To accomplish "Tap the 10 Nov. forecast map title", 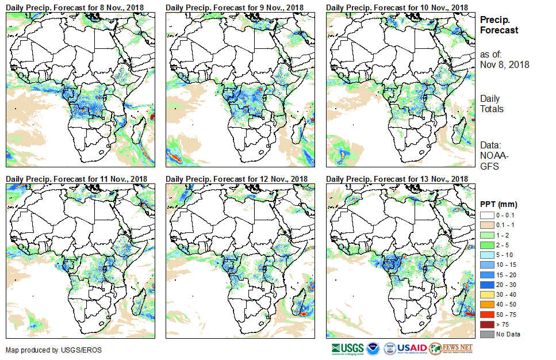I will click(x=397, y=7).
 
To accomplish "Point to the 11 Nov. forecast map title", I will click(x=76, y=179).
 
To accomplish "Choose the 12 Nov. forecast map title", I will click(x=236, y=179).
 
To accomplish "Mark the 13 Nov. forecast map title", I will click(x=397, y=179).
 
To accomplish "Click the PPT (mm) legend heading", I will click(x=499, y=204).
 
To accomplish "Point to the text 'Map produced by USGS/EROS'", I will click(x=47, y=350).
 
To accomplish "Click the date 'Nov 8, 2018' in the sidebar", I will click(x=504, y=65).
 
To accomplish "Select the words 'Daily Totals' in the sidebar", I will click(x=492, y=104).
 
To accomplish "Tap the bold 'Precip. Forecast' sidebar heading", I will click(x=499, y=25).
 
